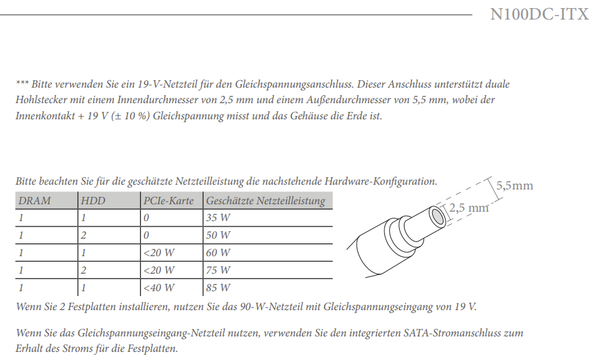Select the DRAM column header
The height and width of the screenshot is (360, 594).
tap(34, 201)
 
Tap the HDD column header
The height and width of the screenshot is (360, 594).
tap(92, 201)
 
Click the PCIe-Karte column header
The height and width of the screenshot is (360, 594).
tap(169, 201)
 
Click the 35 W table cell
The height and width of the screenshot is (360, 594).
tap(217, 218)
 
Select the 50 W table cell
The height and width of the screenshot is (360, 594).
tap(217, 236)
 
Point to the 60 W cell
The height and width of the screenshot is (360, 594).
tap(217, 253)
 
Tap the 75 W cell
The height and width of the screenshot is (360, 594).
tap(217, 271)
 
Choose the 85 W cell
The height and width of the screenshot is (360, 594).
tap(217, 289)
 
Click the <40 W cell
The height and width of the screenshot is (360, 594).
tap(159, 289)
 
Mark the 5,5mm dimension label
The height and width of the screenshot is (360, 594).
tap(514, 185)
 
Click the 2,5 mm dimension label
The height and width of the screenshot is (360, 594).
tap(469, 208)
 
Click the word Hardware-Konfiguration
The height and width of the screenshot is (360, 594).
tap(381, 181)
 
